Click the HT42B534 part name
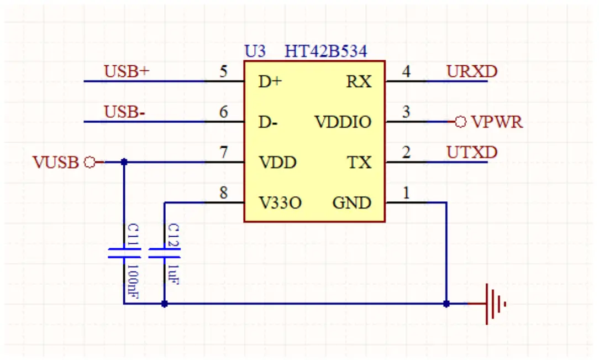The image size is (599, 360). (x=325, y=52)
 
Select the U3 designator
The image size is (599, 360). (x=255, y=52)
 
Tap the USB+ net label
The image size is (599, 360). (x=127, y=71)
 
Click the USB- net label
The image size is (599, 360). (x=125, y=112)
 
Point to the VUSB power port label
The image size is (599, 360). (x=56, y=163)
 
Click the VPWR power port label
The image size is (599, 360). (x=496, y=122)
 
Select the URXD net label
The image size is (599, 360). (x=472, y=71)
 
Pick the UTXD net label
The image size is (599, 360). (x=472, y=153)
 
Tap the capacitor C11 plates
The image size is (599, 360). (x=124, y=254)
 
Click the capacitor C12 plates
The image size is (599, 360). (x=165, y=254)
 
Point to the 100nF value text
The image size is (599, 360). (x=133, y=281)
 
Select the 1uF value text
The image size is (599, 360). (x=174, y=274)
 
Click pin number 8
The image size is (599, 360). (x=223, y=193)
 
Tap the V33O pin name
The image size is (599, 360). (x=280, y=204)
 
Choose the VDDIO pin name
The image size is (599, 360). (x=343, y=122)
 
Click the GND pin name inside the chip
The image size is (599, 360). (x=351, y=204)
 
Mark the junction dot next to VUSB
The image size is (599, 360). (x=124, y=162)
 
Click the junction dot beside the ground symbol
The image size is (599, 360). (x=446, y=304)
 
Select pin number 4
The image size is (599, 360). (x=406, y=71)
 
